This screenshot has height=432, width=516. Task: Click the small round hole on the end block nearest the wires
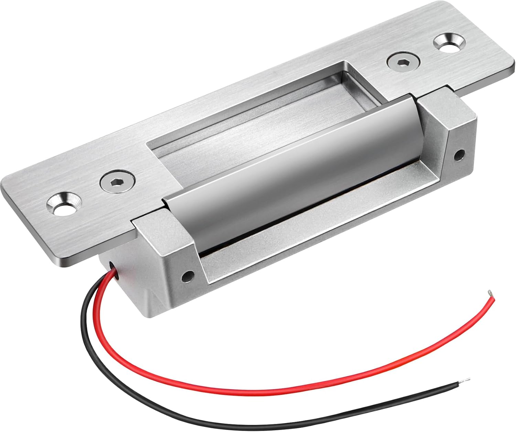(x=188, y=275)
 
